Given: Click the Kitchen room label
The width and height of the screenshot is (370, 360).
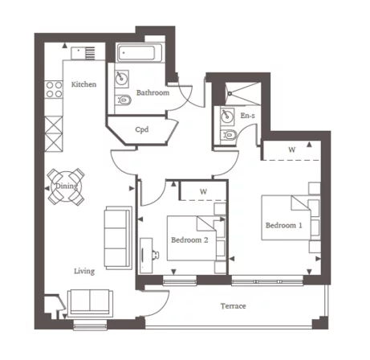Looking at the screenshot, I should (x=83, y=84).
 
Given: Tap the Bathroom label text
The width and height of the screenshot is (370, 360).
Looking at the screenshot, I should (x=152, y=93).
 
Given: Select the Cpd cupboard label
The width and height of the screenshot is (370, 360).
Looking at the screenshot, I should (x=141, y=129).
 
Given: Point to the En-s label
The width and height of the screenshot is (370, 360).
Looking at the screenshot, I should (x=248, y=117).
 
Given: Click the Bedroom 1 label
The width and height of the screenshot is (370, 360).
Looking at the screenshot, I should (x=283, y=225).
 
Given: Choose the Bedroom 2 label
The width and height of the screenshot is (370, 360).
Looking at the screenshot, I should (x=189, y=239).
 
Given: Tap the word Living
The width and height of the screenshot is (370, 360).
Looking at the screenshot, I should (x=84, y=271).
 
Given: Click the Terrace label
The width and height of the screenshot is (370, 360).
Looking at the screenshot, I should (x=234, y=307).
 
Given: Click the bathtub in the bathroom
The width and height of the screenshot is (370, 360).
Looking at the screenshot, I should (x=141, y=55).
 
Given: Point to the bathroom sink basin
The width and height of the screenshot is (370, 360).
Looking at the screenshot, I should (x=123, y=79).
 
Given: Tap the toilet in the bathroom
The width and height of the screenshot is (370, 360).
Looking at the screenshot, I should (x=123, y=100).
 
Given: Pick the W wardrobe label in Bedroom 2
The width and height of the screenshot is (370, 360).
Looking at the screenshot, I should (x=203, y=191).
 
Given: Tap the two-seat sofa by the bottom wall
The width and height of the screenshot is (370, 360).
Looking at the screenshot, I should (x=89, y=302).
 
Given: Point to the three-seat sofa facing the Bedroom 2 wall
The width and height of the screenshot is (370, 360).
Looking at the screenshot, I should (x=117, y=238).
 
